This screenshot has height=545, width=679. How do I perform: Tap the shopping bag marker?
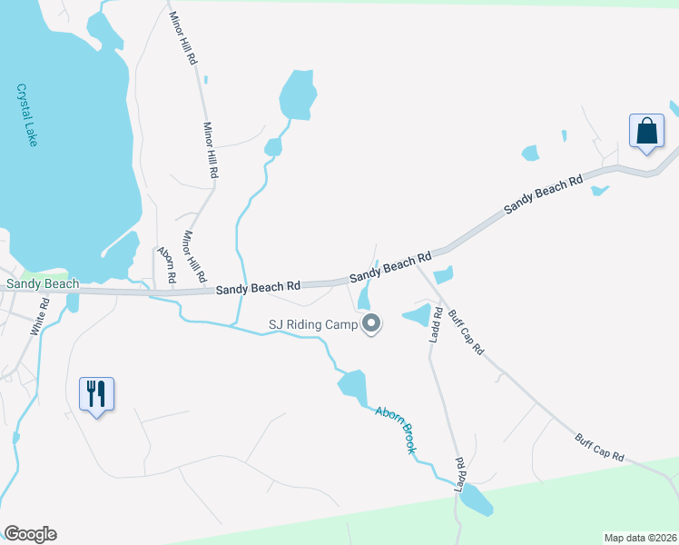tap(647, 131)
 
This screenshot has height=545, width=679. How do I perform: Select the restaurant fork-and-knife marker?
tap(96, 394)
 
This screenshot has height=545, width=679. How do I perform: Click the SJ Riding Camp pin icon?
tap(370, 323)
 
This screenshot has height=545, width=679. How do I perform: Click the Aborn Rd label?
tap(166, 264)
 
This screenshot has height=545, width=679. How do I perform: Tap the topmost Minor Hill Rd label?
tap(182, 38)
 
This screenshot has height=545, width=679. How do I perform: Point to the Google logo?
tap(30, 534)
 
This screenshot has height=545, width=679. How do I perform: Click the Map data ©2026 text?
tap(640, 536)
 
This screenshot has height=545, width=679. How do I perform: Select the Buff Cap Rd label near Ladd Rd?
tap(466, 332)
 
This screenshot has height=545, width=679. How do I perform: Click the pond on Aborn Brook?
tap(352, 385)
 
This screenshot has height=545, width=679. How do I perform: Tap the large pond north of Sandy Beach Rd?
tap(297, 94)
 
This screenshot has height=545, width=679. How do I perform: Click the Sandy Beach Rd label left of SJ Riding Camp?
tap(258, 287)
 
